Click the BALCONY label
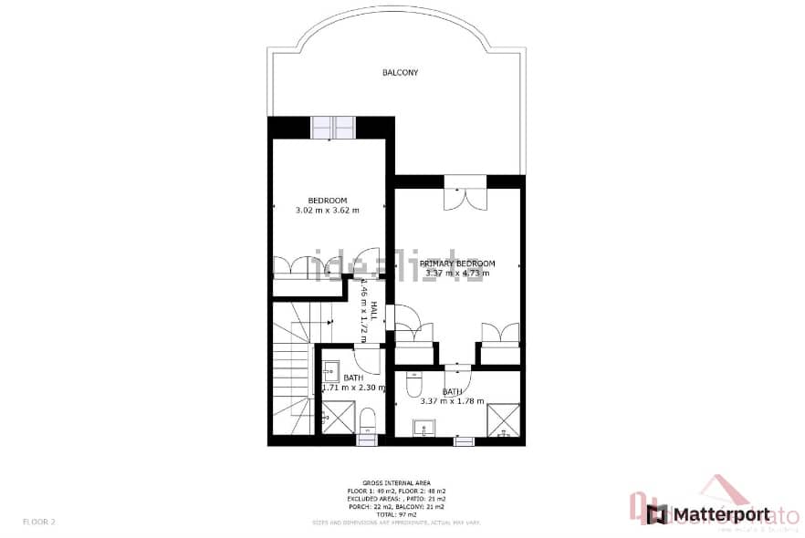tap(400, 72)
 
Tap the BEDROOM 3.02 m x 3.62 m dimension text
tap(327, 211)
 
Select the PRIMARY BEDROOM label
tap(457, 264)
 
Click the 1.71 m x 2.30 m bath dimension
tap(354, 388)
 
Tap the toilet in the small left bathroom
tap(367, 420)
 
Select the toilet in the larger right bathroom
tap(413, 383)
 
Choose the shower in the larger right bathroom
tap(502, 420)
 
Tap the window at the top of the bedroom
tap(332, 128)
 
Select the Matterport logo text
tap(719, 515)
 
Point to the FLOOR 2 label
tap(40, 522)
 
